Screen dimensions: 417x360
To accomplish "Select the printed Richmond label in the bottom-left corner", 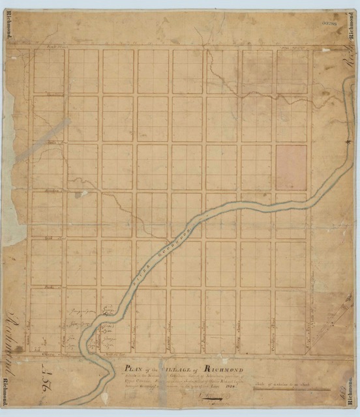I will tap(8, 392).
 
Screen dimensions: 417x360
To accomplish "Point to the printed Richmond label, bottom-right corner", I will tap(352, 391).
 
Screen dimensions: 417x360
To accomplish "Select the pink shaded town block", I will tap(291, 167).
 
